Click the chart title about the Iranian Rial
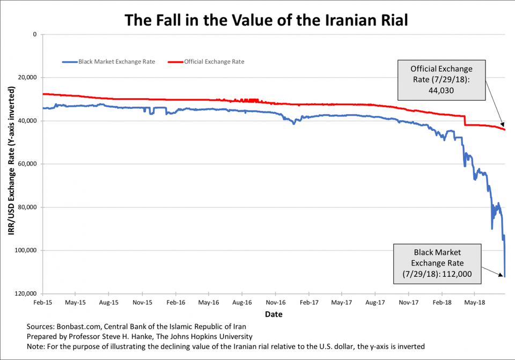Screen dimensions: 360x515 coord(267,20)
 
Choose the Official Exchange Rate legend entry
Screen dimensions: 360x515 coord(214,62)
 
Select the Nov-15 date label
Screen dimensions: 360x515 coord(142,303)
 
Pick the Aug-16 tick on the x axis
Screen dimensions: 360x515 coord(242,303)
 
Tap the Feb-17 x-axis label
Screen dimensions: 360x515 coord(309,303)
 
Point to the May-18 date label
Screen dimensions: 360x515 coord(475,303)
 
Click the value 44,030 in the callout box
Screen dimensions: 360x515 coord(442,91)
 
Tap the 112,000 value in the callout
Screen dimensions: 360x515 coord(456,273)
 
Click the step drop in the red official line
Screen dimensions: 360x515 coord(465,121)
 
